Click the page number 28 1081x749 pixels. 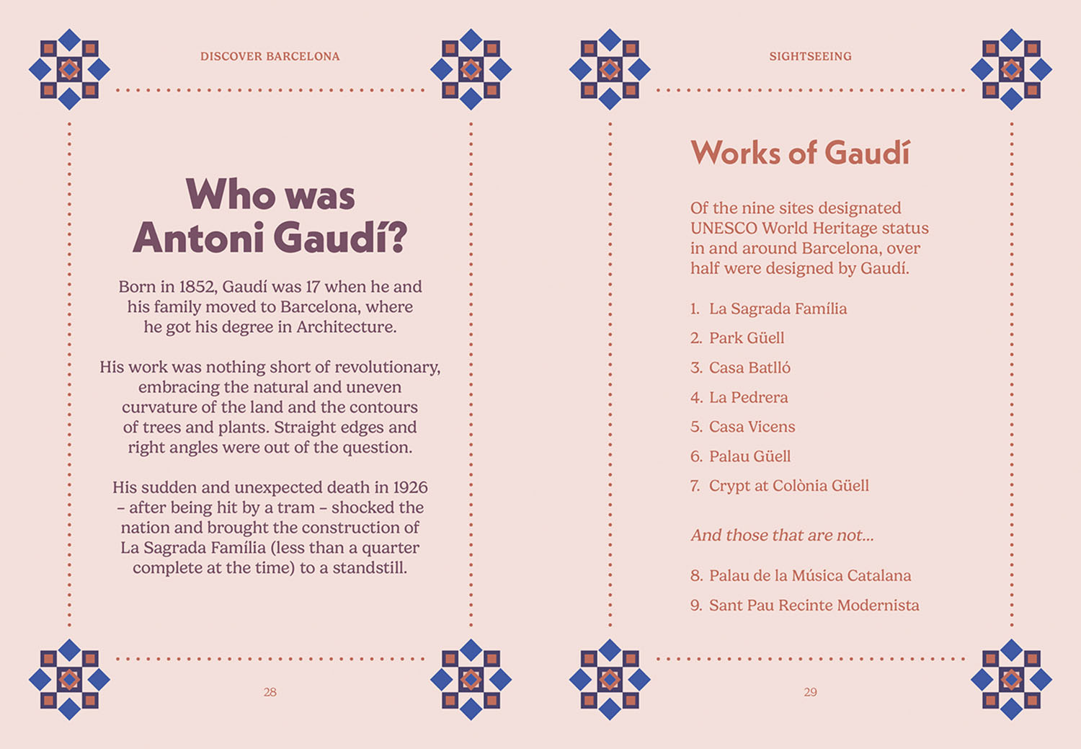click(x=270, y=692)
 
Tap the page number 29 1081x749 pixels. click(x=810, y=692)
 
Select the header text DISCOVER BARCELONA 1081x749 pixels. click(x=270, y=56)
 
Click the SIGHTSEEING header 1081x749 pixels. click(x=810, y=56)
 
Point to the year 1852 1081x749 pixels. click(x=197, y=287)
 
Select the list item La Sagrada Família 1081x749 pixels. click(x=778, y=309)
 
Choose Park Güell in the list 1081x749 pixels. click(x=746, y=338)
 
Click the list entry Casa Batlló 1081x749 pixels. click(x=749, y=368)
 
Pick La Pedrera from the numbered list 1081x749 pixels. click(x=748, y=397)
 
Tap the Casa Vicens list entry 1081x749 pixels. click(x=752, y=427)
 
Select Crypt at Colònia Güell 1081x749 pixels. click(x=788, y=486)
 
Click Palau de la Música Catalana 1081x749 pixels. click(x=809, y=576)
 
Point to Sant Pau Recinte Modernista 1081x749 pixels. click(x=814, y=606)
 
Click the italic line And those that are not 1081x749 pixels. click(x=782, y=536)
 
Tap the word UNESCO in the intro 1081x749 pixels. click(x=723, y=229)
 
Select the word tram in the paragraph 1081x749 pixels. click(x=295, y=508)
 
